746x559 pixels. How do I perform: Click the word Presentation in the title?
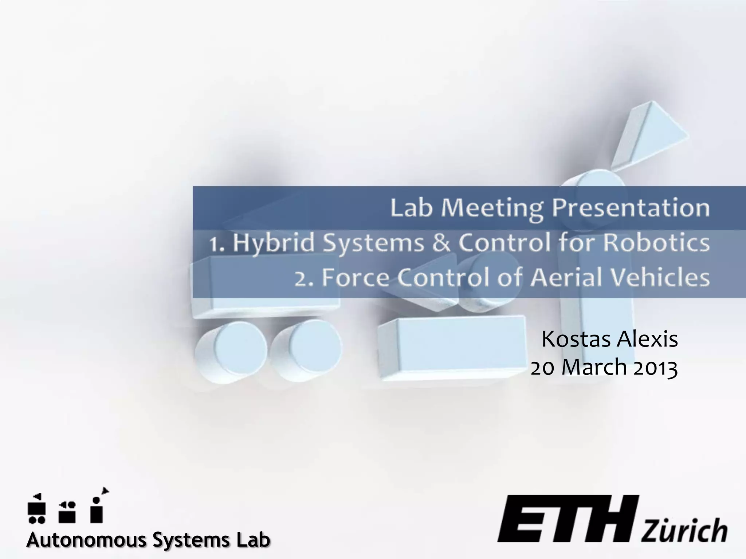(x=630, y=209)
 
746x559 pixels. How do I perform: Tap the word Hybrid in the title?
(x=273, y=243)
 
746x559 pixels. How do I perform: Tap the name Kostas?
(x=576, y=339)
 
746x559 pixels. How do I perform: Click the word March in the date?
(x=594, y=368)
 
